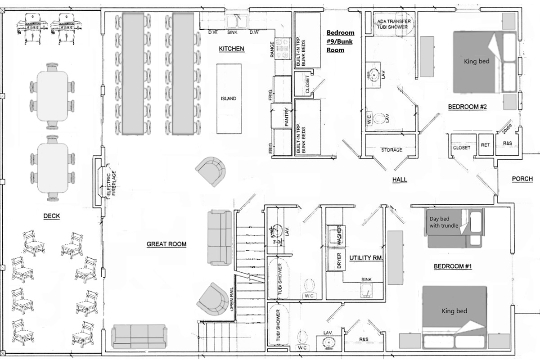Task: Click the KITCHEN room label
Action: tap(231, 49)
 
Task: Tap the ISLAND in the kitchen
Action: tap(229, 99)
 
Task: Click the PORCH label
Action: tap(522, 179)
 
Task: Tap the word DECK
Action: tap(52, 216)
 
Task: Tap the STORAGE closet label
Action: tap(391, 150)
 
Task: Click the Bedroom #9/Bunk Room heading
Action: tap(340, 41)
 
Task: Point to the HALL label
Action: tap(399, 180)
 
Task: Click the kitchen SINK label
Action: tap(232, 32)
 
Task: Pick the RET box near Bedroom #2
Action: tap(485, 145)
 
